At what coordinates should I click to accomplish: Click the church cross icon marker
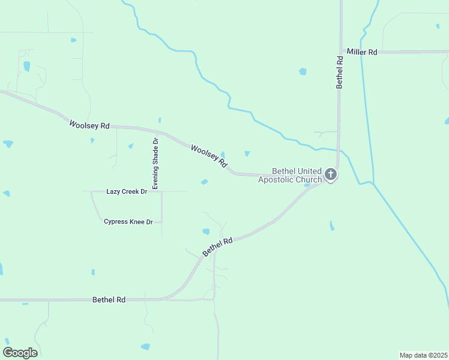(330, 175)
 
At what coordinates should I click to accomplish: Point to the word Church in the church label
(309, 179)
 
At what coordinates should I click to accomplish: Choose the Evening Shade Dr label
(155, 164)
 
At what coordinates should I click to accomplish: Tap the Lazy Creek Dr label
(127, 191)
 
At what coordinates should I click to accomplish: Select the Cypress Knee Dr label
(128, 221)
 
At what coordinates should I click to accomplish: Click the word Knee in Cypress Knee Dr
(139, 221)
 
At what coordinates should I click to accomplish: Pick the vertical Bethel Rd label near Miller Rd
(340, 72)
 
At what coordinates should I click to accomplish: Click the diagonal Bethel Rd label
(217, 247)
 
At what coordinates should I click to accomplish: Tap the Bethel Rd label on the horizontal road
(109, 299)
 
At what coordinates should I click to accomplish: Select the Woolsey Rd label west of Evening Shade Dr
(89, 125)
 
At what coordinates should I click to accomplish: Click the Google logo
(20, 353)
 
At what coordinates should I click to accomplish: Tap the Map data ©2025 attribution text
(423, 355)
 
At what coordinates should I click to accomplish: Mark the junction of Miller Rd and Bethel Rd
(340, 52)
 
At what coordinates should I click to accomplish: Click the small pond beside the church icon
(307, 185)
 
